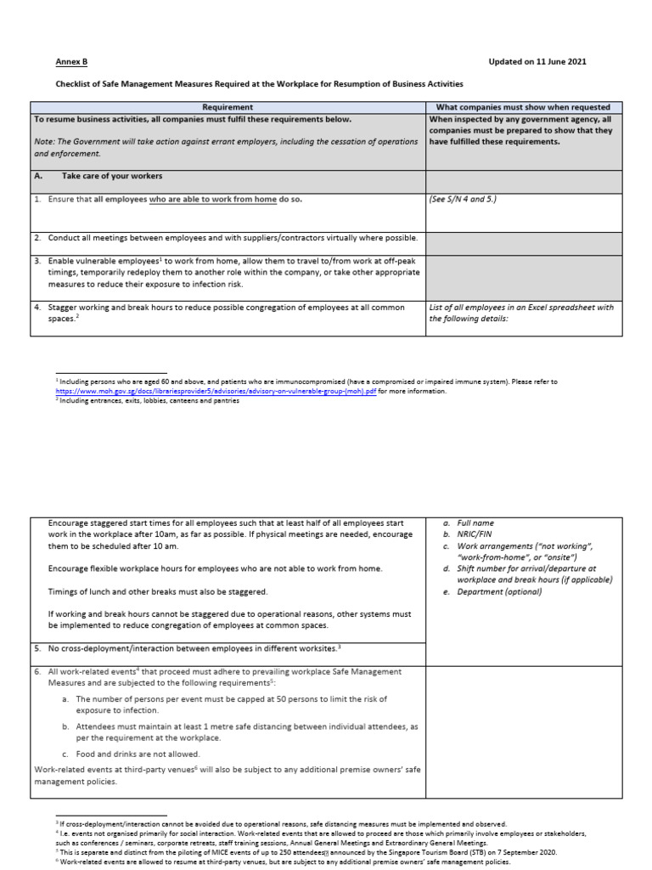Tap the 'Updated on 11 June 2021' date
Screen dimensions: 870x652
point(537,62)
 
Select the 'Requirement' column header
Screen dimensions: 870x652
point(228,107)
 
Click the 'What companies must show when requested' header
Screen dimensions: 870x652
point(522,107)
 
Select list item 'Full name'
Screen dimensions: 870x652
point(475,523)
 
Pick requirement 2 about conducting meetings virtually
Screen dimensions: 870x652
point(226,238)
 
